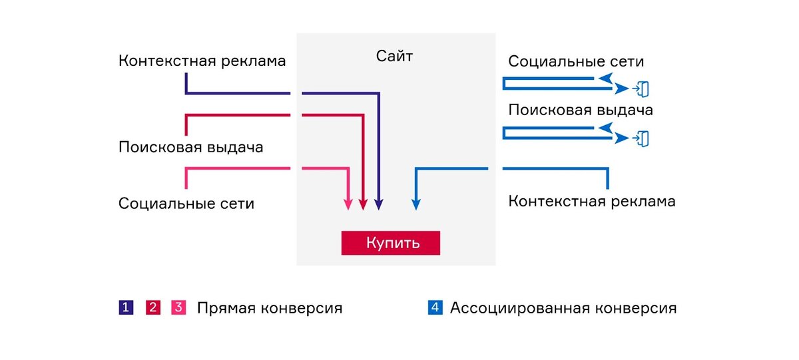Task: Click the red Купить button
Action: coord(391,243)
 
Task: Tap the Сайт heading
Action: coord(394,57)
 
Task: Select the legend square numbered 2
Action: coord(152,307)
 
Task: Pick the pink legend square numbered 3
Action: coord(178,307)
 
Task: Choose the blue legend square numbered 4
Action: coord(435,307)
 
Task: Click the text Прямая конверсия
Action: coord(270,309)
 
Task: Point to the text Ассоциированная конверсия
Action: coord(563,309)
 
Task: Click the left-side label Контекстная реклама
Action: coord(202,61)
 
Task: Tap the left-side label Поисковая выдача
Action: coord(191,147)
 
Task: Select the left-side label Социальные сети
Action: coord(186,204)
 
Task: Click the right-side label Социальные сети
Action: coord(576,62)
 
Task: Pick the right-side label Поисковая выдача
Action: coord(581,110)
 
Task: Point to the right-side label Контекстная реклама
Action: coord(592,201)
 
